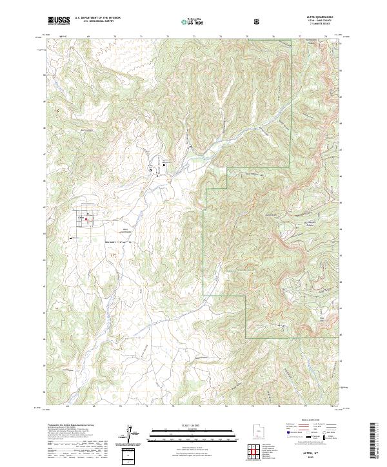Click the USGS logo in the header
point(58,21)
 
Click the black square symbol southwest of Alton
point(70,237)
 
